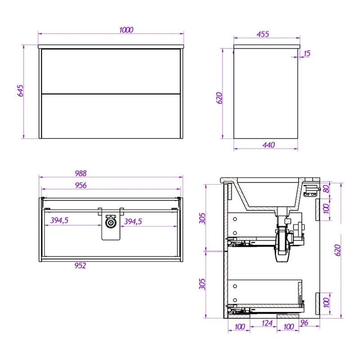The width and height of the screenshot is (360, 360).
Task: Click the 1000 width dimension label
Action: click(x=126, y=30)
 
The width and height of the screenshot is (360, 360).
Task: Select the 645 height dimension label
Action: click(x=20, y=91)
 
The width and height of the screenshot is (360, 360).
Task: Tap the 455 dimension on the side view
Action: click(x=263, y=34)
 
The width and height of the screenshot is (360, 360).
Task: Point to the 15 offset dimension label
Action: click(x=307, y=54)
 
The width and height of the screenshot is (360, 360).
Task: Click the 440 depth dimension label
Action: click(x=269, y=145)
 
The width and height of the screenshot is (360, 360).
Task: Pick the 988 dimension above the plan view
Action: click(x=81, y=173)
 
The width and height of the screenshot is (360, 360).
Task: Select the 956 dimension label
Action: click(x=81, y=185)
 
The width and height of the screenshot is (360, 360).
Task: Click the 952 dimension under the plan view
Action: click(x=80, y=265)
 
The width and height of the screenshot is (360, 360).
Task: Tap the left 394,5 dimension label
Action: click(x=59, y=220)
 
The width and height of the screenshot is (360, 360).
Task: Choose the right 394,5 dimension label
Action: click(x=133, y=221)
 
